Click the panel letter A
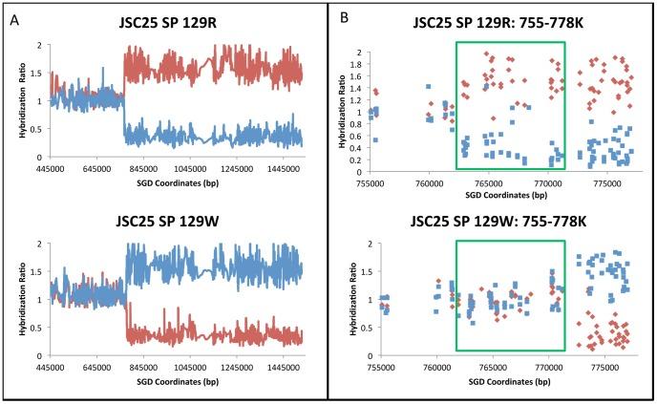pos(14,17)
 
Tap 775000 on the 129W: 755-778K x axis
pos(605,367)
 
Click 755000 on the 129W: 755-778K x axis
pos(380,367)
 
